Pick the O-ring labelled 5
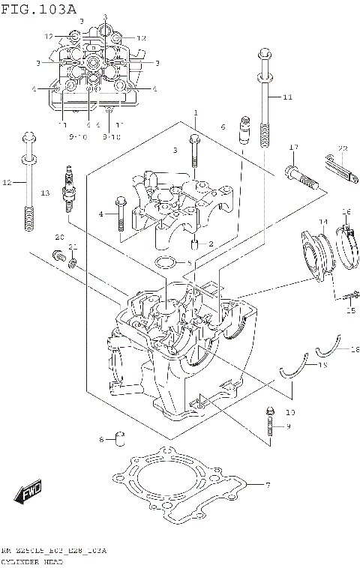[x=166, y=263]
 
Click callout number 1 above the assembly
[x=195, y=113]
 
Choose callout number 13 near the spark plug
[x=45, y=193]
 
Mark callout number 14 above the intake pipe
[x=322, y=222]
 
